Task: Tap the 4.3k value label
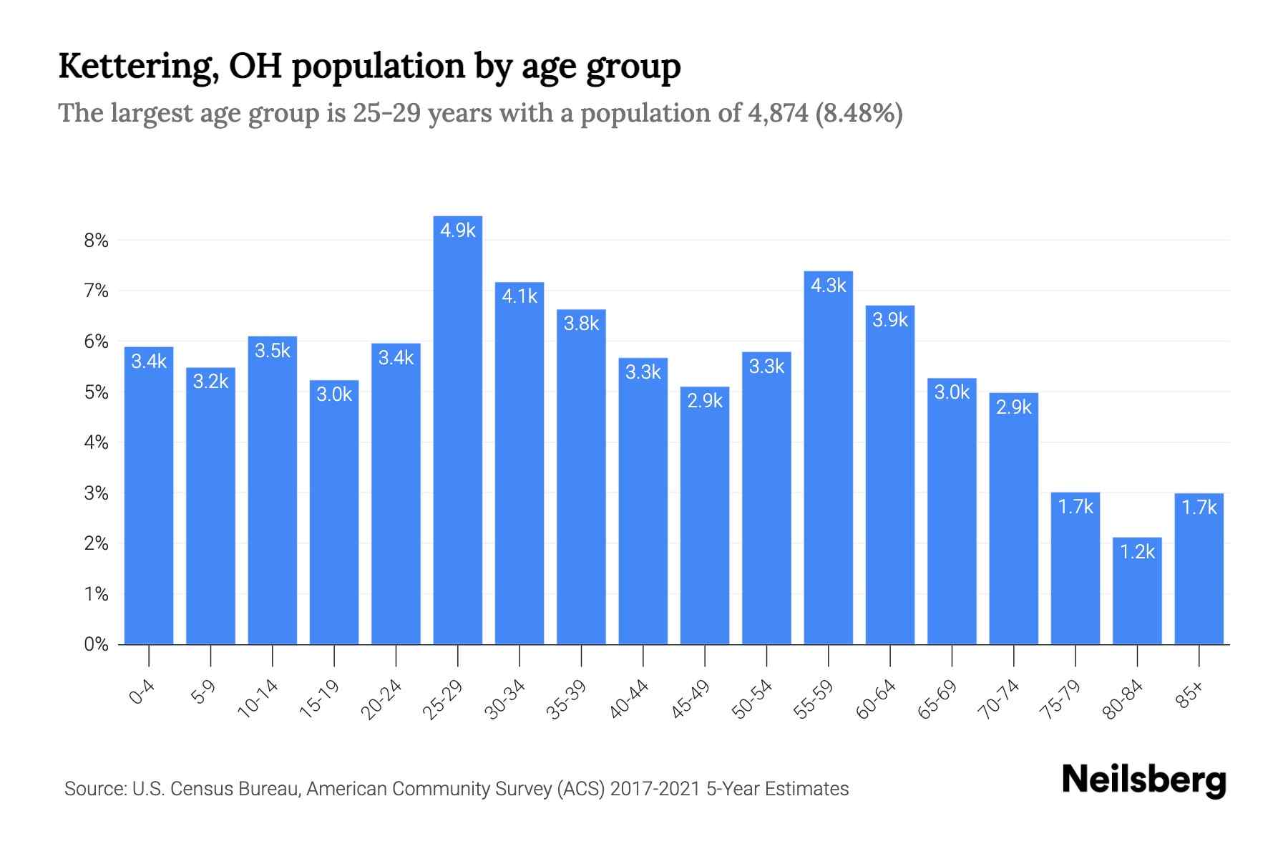pyautogui.click(x=828, y=286)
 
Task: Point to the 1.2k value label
pyautogui.click(x=1137, y=552)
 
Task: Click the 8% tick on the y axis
pyautogui.click(x=96, y=241)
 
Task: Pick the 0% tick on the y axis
pyautogui.click(x=96, y=644)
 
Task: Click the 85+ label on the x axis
pyautogui.click(x=1190, y=695)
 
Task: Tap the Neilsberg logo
pyautogui.click(x=1143, y=780)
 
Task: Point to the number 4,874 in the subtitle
pyautogui.click(x=777, y=113)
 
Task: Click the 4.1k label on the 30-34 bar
pyautogui.click(x=519, y=296)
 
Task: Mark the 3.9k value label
pyautogui.click(x=889, y=320)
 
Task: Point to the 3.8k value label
pyautogui.click(x=581, y=324)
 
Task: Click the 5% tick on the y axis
pyautogui.click(x=96, y=392)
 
